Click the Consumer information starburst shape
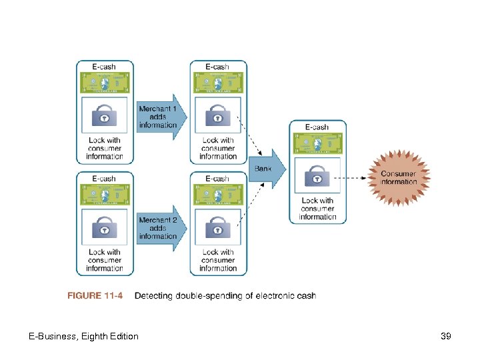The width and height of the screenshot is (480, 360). [x=398, y=177]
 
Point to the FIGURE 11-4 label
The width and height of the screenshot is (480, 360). [x=95, y=296]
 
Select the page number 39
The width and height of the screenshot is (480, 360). [x=446, y=337]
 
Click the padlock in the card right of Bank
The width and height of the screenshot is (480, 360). [x=317, y=177]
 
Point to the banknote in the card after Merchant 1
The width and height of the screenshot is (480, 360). [x=218, y=83]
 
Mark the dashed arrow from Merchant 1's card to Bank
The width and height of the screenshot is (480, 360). [x=251, y=139]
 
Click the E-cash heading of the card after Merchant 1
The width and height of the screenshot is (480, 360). [x=218, y=67]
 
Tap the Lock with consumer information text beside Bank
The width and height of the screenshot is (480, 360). [x=317, y=209]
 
